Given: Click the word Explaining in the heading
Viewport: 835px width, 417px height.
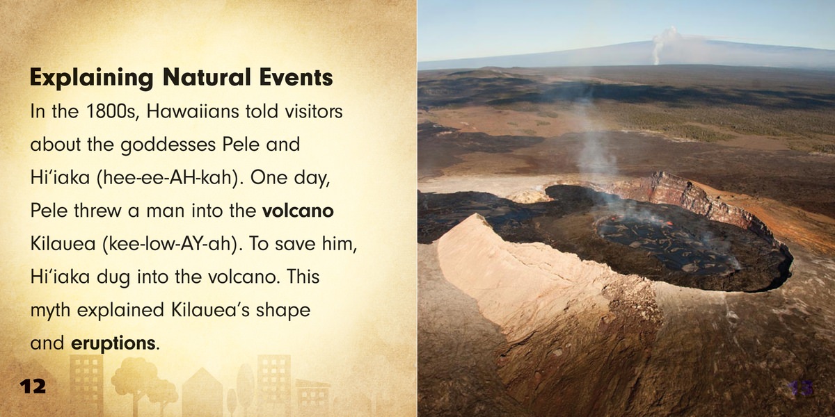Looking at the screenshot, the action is pos(91,78).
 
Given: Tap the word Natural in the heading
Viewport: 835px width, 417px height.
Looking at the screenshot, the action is pos(207,77).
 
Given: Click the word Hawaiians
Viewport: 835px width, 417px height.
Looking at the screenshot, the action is pos(192,111).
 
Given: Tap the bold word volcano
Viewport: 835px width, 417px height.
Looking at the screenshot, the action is pos(298,211).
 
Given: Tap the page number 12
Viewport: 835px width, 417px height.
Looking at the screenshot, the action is pos(33,386).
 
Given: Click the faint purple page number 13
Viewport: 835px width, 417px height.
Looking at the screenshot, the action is pos(802,389).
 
